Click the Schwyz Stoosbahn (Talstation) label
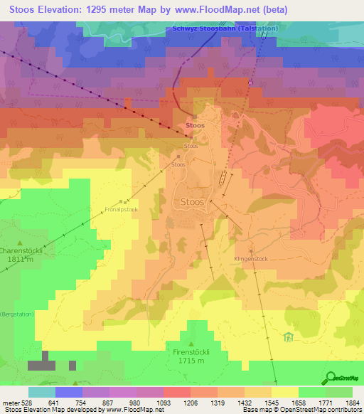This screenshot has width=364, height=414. pyautogui.click(x=225, y=28)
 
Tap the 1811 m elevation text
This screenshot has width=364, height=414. pyautogui.click(x=20, y=260)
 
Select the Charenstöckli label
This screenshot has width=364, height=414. pyautogui.click(x=21, y=250)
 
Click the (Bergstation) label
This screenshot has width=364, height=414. pyautogui.click(x=16, y=314)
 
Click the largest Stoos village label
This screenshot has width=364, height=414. pyautogui.click(x=192, y=202)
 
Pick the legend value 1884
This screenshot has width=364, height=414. pyautogui.click(x=352, y=403)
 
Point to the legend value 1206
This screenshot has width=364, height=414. pyautogui.click(x=190, y=403)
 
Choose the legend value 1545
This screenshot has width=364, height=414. pyautogui.click(x=271, y=403)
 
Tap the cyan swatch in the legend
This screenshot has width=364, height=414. pyautogui.click(x=42, y=392)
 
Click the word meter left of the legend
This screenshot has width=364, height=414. pyautogui.click(x=11, y=403)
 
